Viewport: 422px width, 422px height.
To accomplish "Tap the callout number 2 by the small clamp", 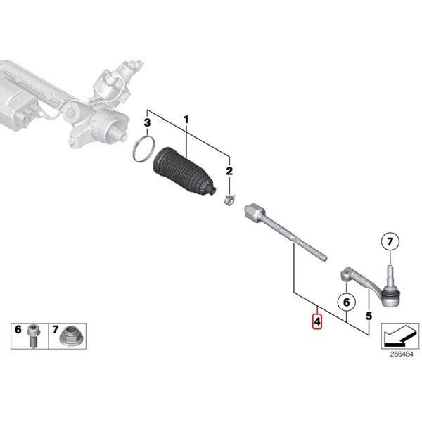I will pos(228,171).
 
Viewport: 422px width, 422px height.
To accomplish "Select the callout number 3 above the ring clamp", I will pos(147,124).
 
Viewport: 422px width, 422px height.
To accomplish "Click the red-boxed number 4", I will pos(317,322).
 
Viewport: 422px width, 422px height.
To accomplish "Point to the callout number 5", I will pos(369,317).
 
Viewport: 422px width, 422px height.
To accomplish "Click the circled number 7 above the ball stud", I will pos(388,243).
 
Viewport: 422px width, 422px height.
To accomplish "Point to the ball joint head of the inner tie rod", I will pos(253,210).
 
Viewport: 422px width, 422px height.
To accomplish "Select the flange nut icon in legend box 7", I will pos(71,335).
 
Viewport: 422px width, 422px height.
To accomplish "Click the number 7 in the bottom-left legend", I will pos(55,329).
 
